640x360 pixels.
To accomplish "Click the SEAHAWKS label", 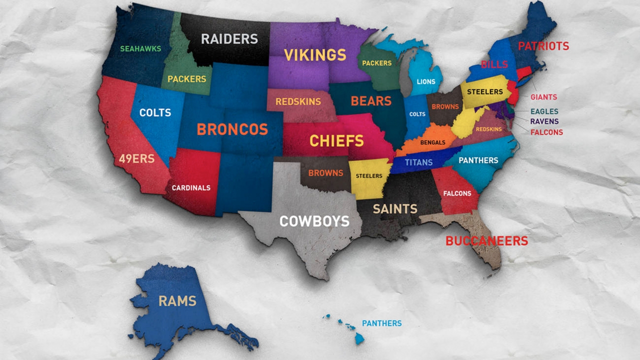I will [x=140, y=49].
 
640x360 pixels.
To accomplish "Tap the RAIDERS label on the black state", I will [x=229, y=38].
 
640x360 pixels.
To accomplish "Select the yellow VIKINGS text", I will [x=315, y=54].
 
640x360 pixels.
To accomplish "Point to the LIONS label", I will [x=425, y=81].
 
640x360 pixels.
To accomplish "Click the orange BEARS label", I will [x=371, y=101].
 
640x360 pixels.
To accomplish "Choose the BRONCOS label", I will [x=232, y=129].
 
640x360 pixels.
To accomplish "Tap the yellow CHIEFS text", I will [x=336, y=141].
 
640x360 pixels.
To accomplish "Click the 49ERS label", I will [x=136, y=159].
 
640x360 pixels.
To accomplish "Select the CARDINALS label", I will [x=191, y=188].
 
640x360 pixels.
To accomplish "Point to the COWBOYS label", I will [x=314, y=221].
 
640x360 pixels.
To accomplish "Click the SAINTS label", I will [x=395, y=208].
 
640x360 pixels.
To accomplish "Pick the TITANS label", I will [x=419, y=162].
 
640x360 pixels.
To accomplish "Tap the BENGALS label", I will [x=432, y=142].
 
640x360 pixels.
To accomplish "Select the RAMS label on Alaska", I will [x=177, y=301].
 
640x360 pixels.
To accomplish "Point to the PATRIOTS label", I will [x=543, y=46].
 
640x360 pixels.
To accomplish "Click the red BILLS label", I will [x=494, y=64].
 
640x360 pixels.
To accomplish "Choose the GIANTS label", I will [x=543, y=97].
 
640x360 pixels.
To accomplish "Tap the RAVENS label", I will [x=544, y=121].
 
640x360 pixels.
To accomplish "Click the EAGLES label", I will [x=544, y=111].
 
